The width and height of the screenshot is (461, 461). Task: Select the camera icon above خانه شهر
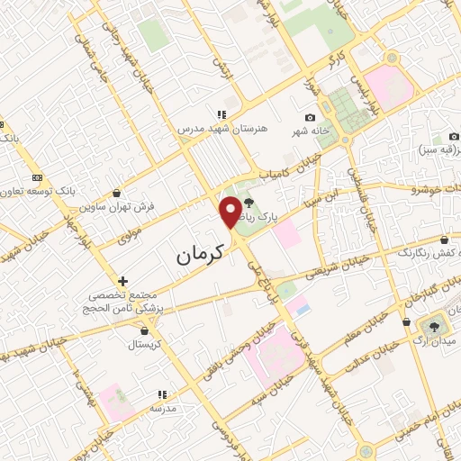tap(311, 118)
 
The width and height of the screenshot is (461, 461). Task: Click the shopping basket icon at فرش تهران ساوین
tap(118, 193)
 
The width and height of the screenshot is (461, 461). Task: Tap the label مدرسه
tap(162, 408)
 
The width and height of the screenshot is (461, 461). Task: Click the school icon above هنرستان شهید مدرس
tap(221, 113)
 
